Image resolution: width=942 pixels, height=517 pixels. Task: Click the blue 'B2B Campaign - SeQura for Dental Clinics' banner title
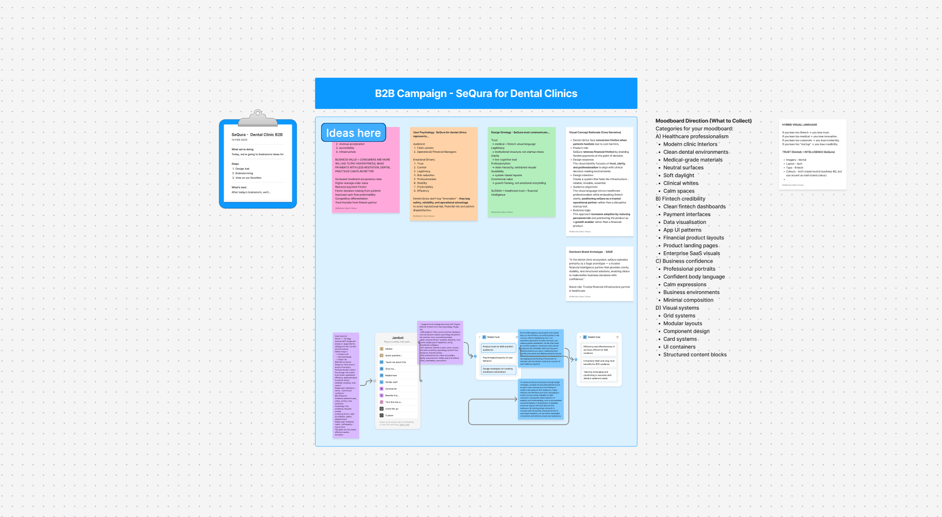click(x=476, y=94)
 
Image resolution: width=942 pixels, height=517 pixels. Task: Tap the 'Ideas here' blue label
click(x=353, y=133)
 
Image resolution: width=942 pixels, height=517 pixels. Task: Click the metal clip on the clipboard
click(x=257, y=118)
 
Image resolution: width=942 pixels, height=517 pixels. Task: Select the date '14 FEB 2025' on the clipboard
click(x=239, y=140)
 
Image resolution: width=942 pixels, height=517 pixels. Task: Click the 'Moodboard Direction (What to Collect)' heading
click(x=703, y=121)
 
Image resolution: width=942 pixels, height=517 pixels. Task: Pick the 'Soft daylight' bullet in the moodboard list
click(x=678, y=175)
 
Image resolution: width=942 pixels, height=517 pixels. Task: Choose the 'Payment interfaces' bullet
click(x=687, y=214)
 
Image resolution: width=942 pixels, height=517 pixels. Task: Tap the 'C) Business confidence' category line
click(x=684, y=261)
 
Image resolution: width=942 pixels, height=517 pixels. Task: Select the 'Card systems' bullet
click(x=680, y=339)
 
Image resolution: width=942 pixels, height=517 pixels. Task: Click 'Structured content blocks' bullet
click(x=695, y=355)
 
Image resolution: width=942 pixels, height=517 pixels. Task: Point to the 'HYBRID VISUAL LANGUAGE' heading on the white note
click(x=799, y=125)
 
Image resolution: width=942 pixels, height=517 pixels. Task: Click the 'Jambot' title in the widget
click(x=397, y=338)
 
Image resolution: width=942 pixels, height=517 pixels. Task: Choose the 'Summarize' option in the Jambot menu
click(x=391, y=389)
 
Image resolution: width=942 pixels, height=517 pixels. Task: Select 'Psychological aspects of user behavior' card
click(x=497, y=359)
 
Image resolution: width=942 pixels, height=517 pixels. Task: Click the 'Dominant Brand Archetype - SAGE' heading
click(x=590, y=252)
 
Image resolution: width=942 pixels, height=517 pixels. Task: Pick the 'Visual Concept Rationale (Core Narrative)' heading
click(x=594, y=132)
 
